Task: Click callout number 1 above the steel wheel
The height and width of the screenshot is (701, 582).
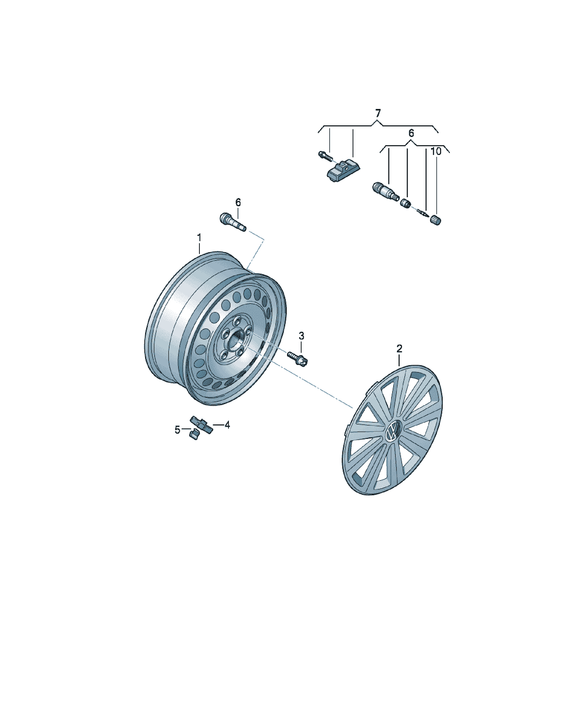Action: click(199, 238)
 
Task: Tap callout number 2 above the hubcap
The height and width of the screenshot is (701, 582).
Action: click(399, 349)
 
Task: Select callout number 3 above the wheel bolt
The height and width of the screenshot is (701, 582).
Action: click(301, 336)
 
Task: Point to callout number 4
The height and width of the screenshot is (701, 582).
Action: click(227, 425)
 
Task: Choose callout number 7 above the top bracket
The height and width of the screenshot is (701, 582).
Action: click(378, 113)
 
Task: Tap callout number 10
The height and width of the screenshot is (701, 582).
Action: click(436, 151)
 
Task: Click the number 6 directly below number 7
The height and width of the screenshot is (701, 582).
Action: click(411, 133)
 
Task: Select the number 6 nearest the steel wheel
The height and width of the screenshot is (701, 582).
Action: click(238, 202)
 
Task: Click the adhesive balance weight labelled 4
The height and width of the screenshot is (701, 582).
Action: click(201, 425)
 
